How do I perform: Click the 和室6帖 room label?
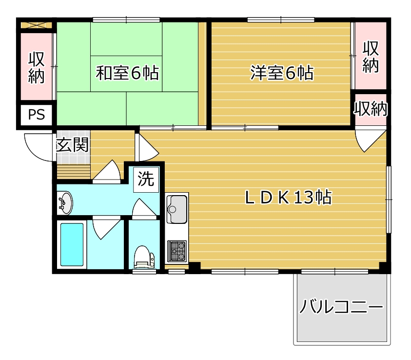(127, 73)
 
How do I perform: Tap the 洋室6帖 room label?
(282, 73)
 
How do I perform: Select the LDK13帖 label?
(289, 198)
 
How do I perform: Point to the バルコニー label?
(341, 306)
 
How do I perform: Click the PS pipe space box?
(37, 115)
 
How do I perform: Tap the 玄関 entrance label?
(72, 144)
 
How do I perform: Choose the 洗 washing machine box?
(146, 180)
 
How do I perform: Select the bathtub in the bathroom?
(72, 244)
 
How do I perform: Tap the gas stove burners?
(176, 251)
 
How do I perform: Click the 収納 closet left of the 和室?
(37, 67)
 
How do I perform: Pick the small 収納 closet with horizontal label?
(371, 109)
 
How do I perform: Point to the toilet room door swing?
(144, 207)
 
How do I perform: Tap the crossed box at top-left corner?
(37, 25)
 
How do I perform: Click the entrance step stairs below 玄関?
(74, 172)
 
